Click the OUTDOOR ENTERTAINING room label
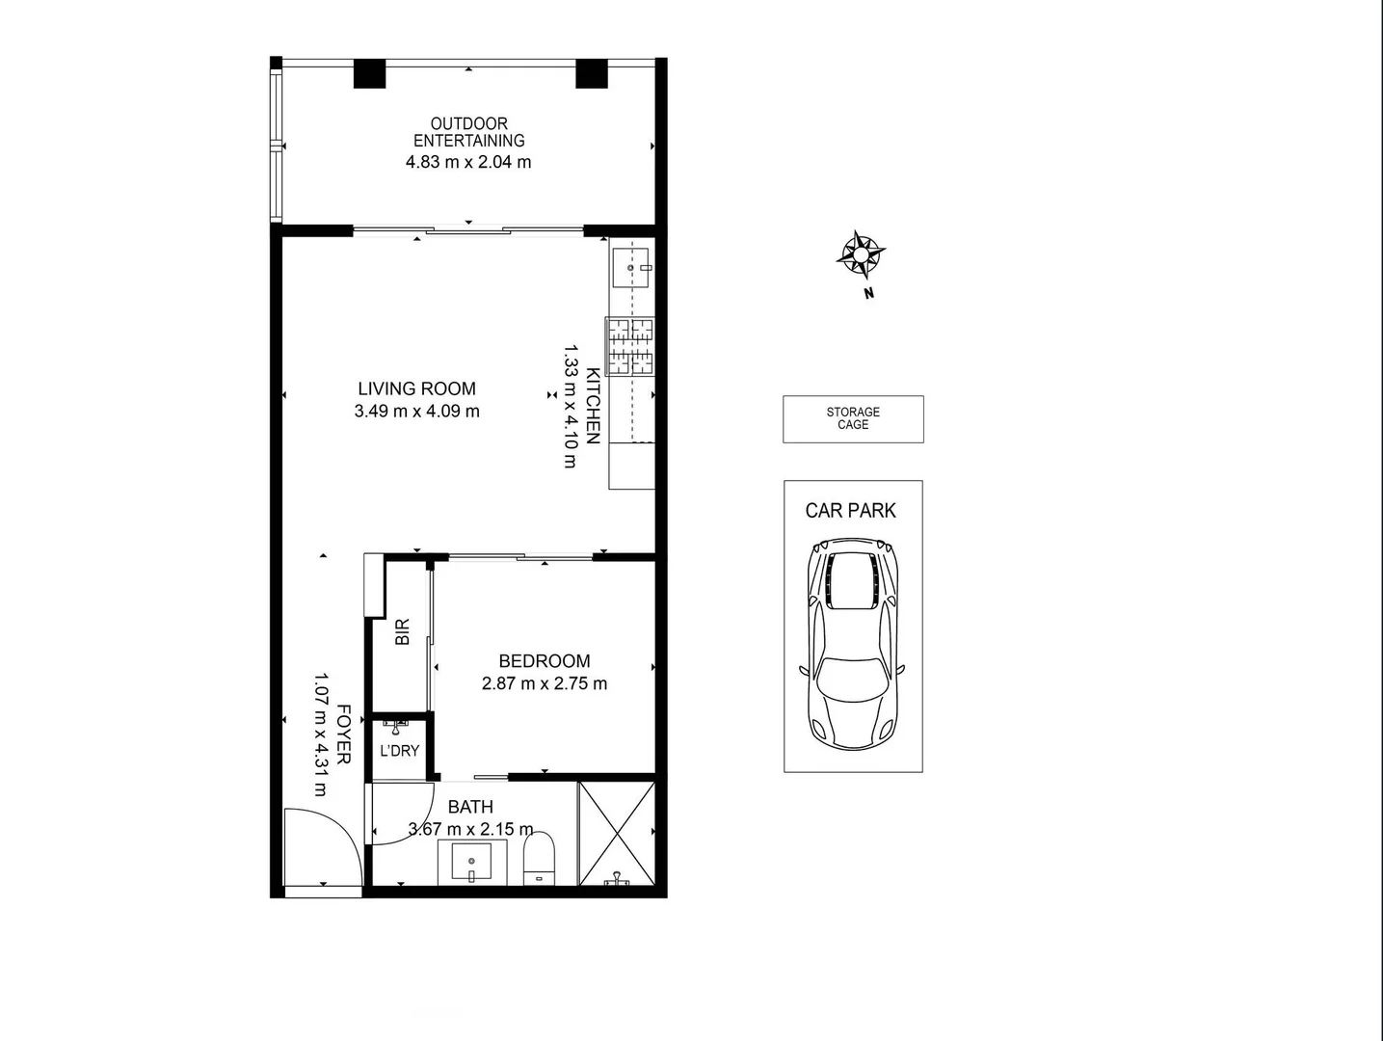point(468,132)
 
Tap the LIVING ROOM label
point(416,388)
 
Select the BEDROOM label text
point(544,661)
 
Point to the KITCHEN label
point(593,406)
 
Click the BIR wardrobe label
point(403,631)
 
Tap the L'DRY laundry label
point(399,750)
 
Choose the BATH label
point(470,807)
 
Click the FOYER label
point(343,734)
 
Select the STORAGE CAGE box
point(853,419)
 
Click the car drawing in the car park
point(853,644)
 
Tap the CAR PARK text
point(851,511)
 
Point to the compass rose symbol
point(860,255)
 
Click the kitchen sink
point(632,267)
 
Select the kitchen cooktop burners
point(630,346)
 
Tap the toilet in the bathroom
point(540,858)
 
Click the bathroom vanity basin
point(471,861)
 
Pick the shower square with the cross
point(616,833)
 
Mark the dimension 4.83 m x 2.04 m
point(468,162)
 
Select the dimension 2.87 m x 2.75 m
point(545,683)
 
